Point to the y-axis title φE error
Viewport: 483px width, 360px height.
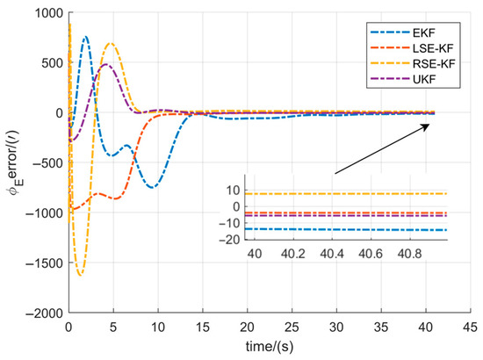[12, 162]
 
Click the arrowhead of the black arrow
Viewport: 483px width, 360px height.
[430, 125]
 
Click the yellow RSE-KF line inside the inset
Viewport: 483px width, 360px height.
[351, 193]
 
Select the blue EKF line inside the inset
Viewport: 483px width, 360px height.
[351, 229]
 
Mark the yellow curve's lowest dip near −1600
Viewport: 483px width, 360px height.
[81, 275]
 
